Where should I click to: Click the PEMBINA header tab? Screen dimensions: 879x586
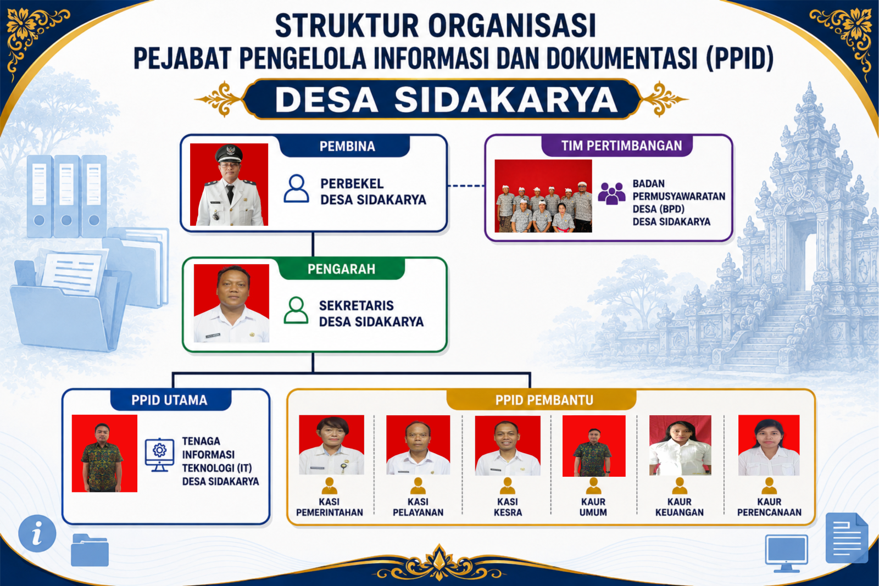[x=347, y=146]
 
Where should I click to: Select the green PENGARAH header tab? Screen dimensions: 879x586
[x=341, y=269]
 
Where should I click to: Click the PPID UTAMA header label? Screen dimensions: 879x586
[x=170, y=400]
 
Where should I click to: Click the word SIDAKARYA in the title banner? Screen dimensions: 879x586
[x=506, y=99]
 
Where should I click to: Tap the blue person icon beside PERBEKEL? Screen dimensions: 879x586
[x=296, y=189]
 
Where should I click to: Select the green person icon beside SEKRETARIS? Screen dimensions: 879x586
[x=296, y=310]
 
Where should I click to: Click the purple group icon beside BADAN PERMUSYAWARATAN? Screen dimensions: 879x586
[x=611, y=194]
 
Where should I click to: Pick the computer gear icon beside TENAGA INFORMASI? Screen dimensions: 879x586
[x=159, y=455]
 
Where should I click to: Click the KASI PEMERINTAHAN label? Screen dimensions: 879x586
[x=330, y=507]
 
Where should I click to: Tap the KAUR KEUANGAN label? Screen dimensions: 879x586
[x=679, y=507]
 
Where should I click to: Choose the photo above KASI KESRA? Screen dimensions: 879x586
[x=508, y=445]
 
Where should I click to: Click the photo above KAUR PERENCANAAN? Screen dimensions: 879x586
[x=769, y=445]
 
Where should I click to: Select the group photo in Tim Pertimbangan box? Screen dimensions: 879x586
[x=543, y=196]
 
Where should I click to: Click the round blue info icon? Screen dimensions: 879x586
[x=37, y=533]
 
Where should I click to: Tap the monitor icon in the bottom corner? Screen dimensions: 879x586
[x=786, y=553]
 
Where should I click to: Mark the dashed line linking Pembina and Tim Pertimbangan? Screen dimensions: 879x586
[x=466, y=186]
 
